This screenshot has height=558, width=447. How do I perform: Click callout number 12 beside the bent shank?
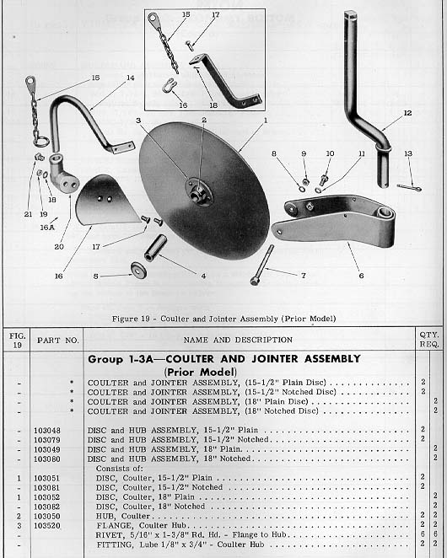point(407,112)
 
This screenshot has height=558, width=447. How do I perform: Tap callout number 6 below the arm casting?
point(361,276)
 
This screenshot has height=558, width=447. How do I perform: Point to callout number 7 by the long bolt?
point(303,275)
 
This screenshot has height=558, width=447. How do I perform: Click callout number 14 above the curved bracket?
point(130,78)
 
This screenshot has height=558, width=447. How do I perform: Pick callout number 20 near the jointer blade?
point(58,247)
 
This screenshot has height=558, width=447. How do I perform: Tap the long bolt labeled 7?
point(261,264)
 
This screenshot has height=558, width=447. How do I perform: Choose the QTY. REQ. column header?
point(429,339)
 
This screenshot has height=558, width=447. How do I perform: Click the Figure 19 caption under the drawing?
point(223,319)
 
